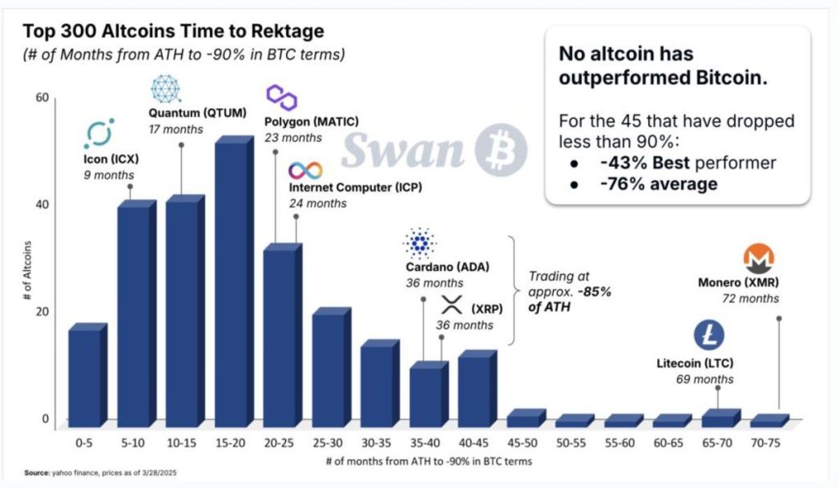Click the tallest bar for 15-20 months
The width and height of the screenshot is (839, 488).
coord(232,282)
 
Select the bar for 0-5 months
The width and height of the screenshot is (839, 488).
coord(85,377)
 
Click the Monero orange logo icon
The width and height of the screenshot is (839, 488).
coord(759,259)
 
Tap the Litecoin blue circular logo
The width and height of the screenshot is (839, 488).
coord(710,333)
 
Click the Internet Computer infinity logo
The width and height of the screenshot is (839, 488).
coord(305,171)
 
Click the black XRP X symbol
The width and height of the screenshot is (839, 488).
coord(451,308)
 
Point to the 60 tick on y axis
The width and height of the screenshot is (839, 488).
coord(42,98)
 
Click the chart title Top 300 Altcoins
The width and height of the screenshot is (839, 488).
coord(173,32)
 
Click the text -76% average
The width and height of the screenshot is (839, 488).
coord(658,183)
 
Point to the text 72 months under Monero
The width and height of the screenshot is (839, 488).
coord(751,299)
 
